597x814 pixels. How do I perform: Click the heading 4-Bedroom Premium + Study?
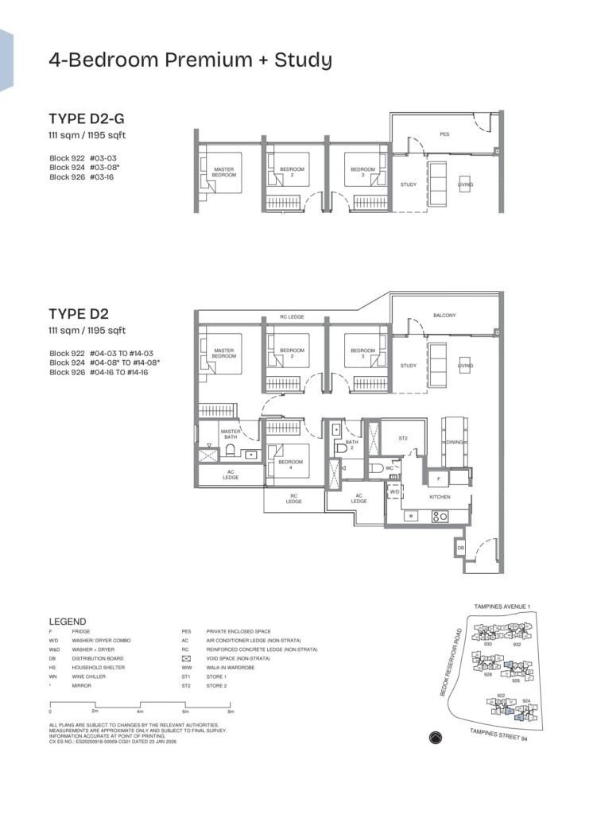pos(190,60)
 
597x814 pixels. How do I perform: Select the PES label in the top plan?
pos(444,134)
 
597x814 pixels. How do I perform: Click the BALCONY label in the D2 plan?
pos(444,316)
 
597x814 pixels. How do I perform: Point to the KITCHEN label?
pos(440,497)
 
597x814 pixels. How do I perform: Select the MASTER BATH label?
pos(231,434)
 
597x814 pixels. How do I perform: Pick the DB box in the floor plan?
pos(460,548)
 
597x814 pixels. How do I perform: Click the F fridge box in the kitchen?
pos(436,479)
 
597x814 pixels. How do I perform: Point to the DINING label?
pos(455,442)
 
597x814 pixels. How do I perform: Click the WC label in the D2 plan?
pos(390,468)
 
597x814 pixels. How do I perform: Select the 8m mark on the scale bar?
pos(231,711)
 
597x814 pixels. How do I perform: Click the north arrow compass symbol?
pos(432,736)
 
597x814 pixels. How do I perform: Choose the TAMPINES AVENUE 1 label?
pos(501,606)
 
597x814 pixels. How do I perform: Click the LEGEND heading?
pos(68,622)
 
